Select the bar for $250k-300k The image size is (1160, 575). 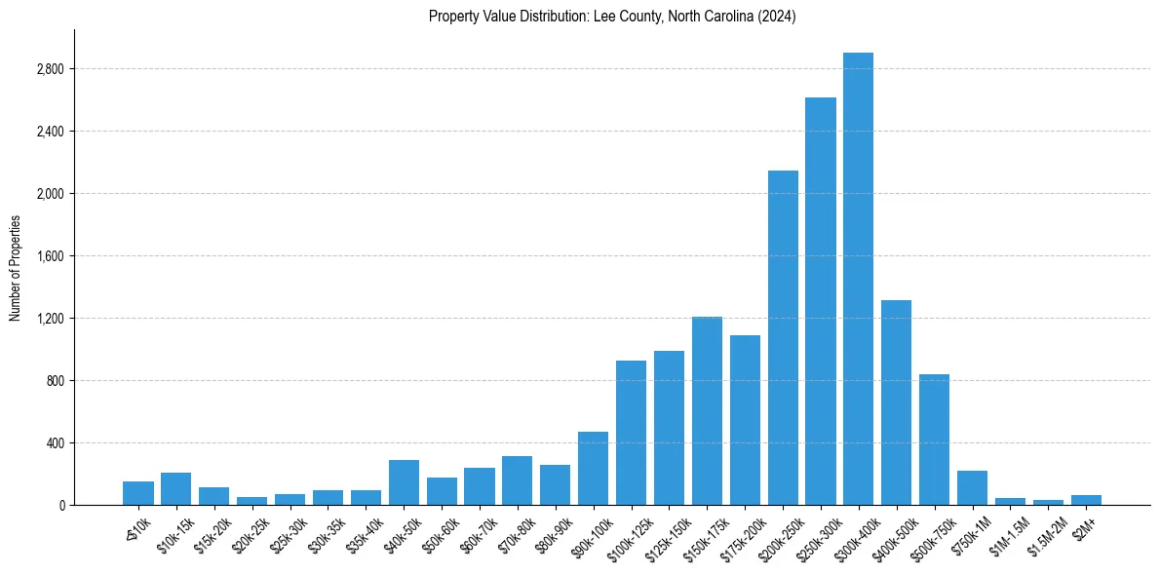coord(820,301)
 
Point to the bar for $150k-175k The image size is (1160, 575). coord(707,410)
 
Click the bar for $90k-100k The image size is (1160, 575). coord(593,468)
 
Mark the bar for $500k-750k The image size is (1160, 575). coord(934,440)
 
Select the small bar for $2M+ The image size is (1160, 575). coord(1086,500)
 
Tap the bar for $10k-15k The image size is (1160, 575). coord(175,488)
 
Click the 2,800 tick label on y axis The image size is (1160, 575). coord(50,69)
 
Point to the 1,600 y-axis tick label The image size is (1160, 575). coord(50,256)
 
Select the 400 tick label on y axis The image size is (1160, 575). coord(55,443)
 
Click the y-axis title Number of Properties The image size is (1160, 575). coord(16,268)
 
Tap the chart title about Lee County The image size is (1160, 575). coord(612,17)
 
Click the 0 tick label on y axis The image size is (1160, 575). coord(61,506)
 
